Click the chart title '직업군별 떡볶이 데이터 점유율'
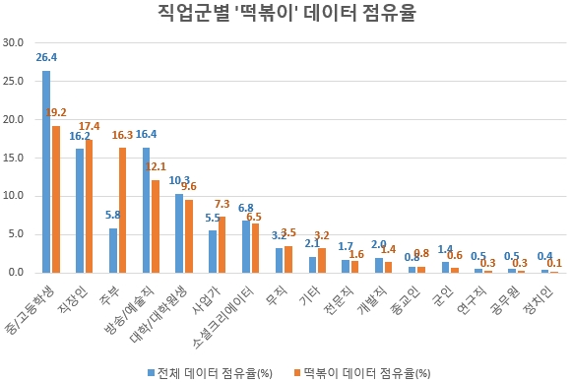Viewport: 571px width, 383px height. click(x=286, y=14)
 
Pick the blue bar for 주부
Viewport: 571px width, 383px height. click(x=113, y=250)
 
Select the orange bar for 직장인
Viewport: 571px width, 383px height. click(x=90, y=206)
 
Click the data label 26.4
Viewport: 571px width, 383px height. click(x=46, y=58)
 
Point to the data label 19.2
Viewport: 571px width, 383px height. click(x=56, y=113)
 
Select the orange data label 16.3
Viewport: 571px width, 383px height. click(x=123, y=135)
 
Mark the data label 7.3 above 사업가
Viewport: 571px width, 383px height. click(x=222, y=204)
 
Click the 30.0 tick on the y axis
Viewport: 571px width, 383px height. click(x=15, y=43)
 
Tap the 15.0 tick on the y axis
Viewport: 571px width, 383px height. click(x=15, y=158)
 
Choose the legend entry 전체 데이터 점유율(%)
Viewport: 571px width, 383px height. click(x=212, y=372)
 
